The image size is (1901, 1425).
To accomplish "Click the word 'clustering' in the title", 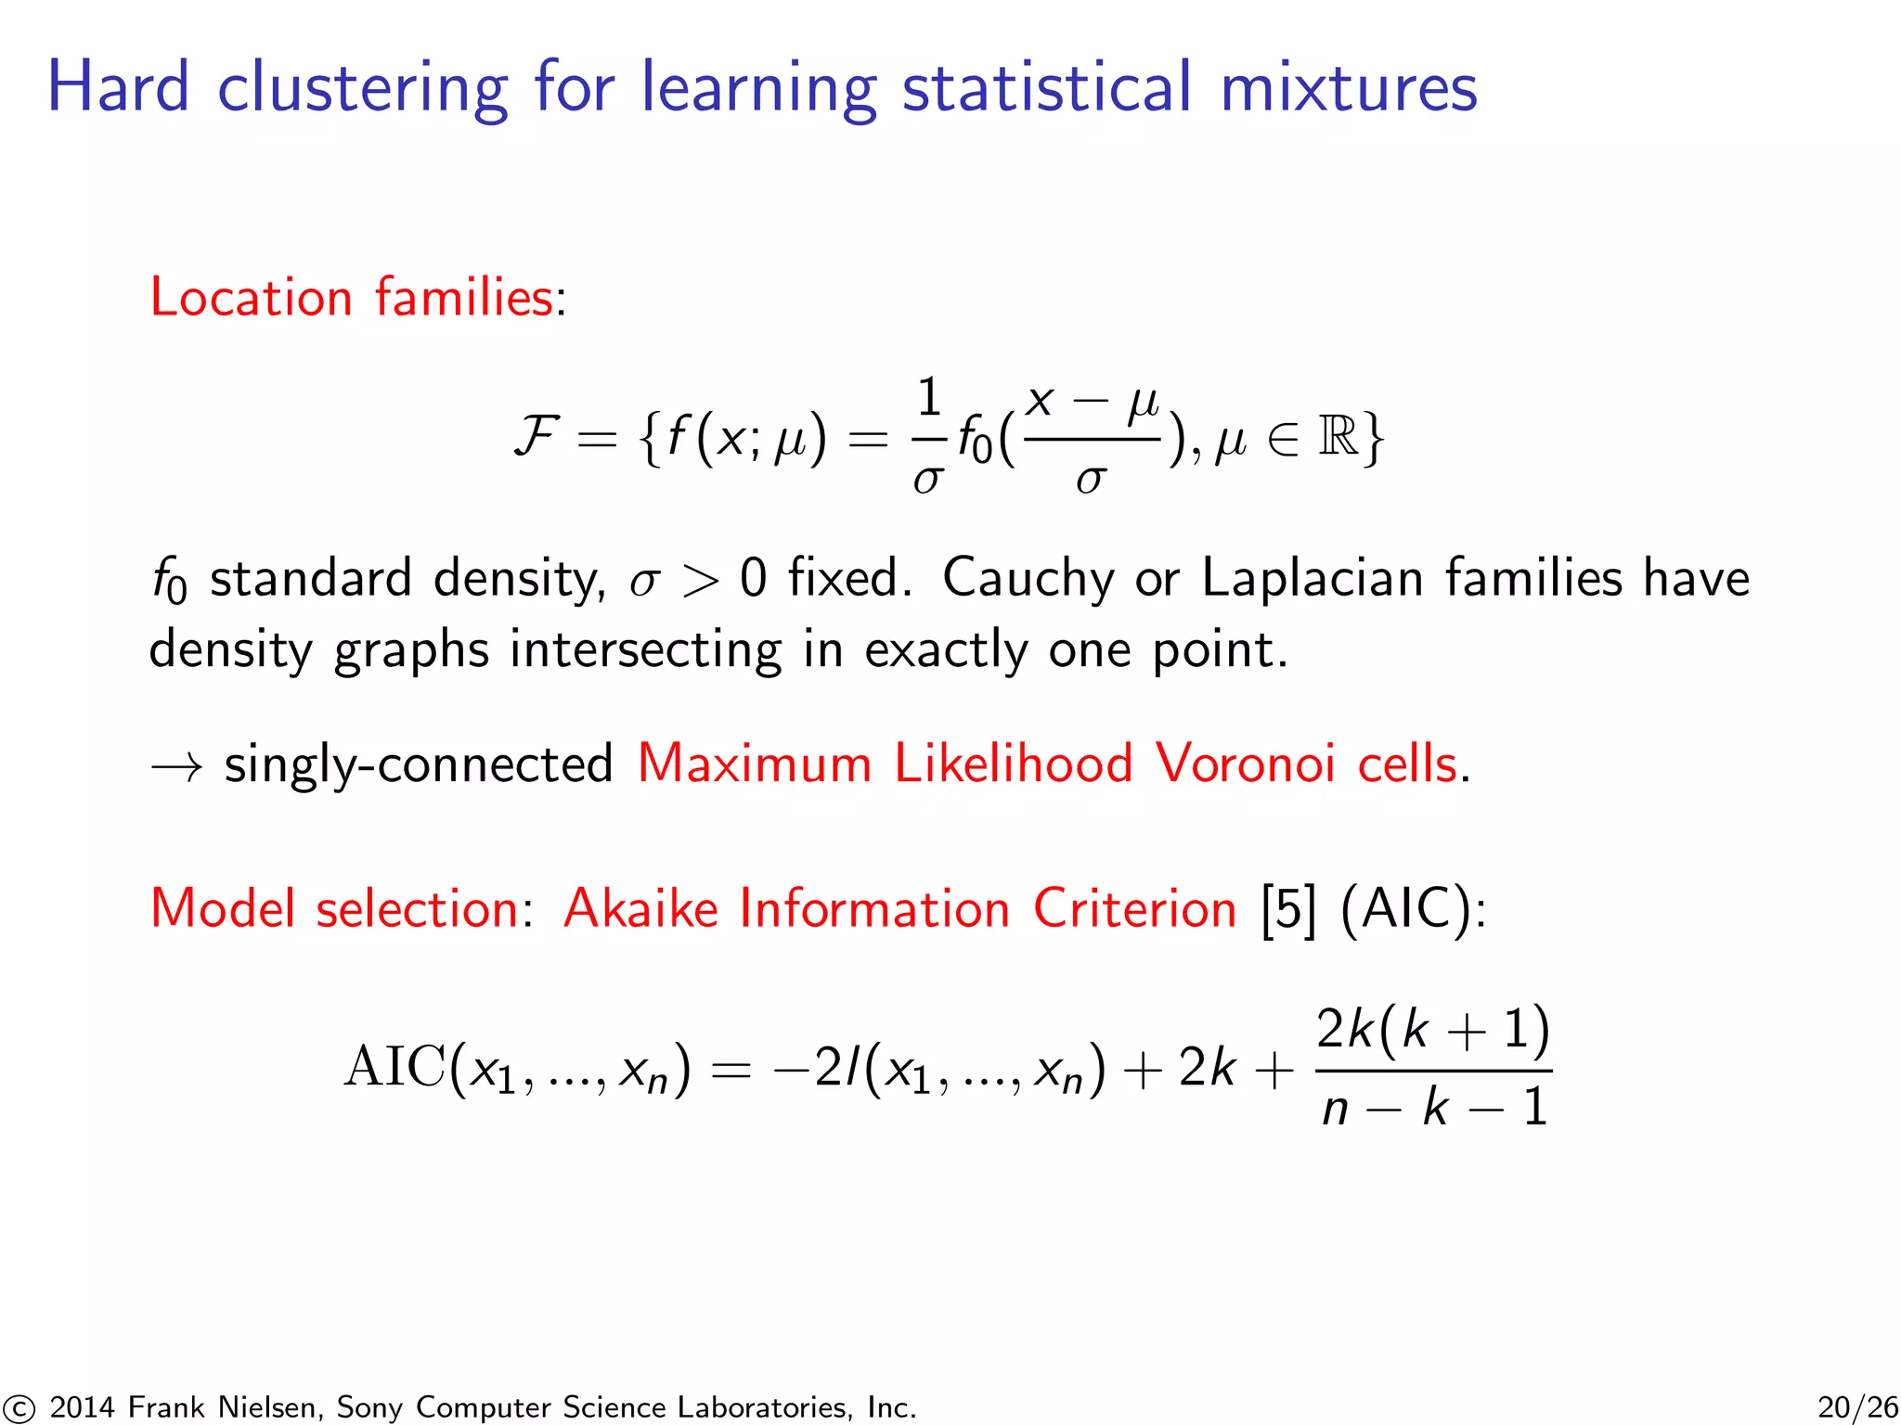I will pos(362,88).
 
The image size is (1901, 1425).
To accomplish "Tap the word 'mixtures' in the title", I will pos(1348,88).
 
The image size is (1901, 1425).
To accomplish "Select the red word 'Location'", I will pos(251,298).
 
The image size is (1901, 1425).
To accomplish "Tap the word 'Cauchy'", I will pos(1028,579).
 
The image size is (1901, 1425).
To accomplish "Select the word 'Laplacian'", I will pos(1313,579).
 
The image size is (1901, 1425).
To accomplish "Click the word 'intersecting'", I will pos(645,649).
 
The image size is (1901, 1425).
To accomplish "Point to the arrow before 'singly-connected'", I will pos(176,766).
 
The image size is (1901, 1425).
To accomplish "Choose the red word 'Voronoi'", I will pos(1245,764).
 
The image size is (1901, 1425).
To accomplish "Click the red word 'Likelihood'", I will pos(1013,764).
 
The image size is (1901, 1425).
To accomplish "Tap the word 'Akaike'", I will pos(640,908).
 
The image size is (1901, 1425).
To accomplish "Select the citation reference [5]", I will pos(1288,909).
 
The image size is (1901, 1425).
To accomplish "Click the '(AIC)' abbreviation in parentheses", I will pos(1412,909).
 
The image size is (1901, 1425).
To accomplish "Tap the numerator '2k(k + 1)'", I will pos(1433,1029).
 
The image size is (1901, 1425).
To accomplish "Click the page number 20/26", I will pos(1857,1407).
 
